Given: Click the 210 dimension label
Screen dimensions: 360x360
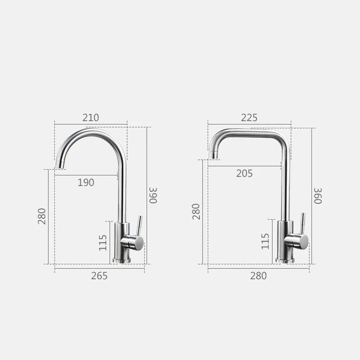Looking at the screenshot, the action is [91, 117].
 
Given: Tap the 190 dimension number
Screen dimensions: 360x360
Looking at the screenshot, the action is [86, 183].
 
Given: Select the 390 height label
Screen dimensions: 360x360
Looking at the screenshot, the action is [153, 195].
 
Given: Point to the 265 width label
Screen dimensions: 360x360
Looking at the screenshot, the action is [99, 276].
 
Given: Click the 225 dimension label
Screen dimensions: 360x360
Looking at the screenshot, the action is [249, 117].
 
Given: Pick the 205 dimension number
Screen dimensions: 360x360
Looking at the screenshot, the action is [244, 173].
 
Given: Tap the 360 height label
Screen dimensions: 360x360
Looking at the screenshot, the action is [318, 196].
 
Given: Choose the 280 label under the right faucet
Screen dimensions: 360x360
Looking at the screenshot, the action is [258, 276].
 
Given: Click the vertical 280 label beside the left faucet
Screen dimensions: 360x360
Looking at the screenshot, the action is [42, 216].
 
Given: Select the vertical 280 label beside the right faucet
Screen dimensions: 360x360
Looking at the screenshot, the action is [196, 211].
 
